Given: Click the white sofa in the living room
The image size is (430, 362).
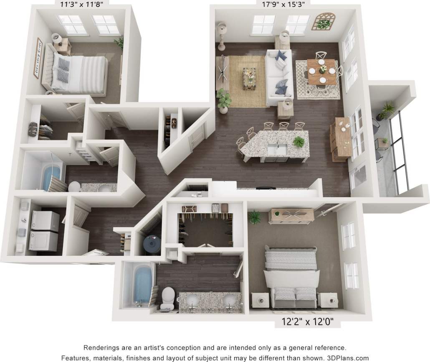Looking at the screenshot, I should click(278, 75).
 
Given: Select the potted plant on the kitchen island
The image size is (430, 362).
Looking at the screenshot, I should click(298, 142).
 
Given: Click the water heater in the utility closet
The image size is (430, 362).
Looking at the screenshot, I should click(150, 245).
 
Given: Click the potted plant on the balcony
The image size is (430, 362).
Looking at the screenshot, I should click(387, 110).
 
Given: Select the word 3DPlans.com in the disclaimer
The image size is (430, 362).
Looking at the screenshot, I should click(349, 358).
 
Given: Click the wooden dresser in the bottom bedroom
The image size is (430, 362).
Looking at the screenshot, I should click(292, 215).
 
